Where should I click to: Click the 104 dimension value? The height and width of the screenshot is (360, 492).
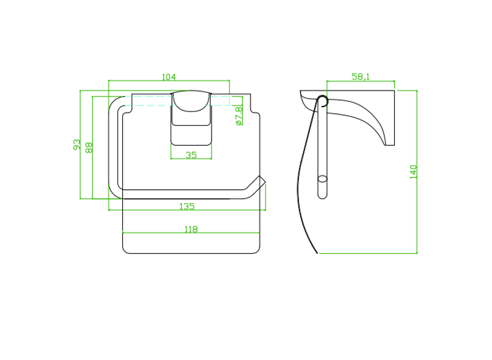pos(169,77)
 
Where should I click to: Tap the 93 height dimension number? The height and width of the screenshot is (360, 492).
pos(77,144)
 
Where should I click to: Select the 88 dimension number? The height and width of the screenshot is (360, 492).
pos(89,147)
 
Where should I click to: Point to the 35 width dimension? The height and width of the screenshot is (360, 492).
pos(191,155)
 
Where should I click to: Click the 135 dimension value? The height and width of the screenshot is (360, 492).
pos(187,206)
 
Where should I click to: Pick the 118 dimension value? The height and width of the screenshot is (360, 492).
pos(191,229)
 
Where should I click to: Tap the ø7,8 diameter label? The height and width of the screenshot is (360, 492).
pos(239,116)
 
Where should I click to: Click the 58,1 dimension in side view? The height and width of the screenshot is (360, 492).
pos(361,77)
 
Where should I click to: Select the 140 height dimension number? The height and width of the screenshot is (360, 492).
pos(413,172)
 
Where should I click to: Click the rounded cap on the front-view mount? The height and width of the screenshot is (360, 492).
pos(191,101)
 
